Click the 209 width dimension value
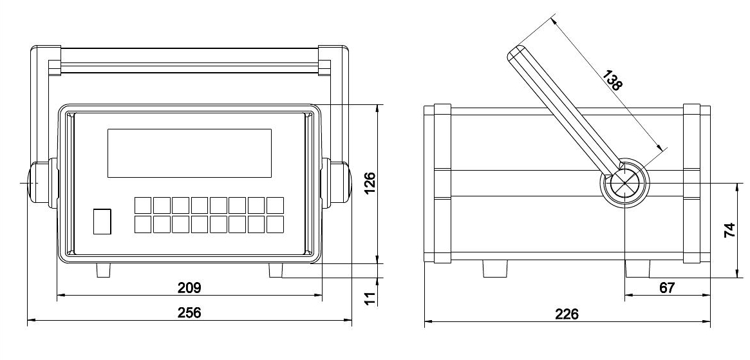point(189,287)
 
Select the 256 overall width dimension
point(189,312)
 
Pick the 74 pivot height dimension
point(729,231)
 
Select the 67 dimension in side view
point(668,288)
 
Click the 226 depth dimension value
point(567,314)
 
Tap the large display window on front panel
point(189,153)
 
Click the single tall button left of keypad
point(102,221)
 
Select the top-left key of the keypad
point(143,205)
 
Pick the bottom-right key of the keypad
point(275,224)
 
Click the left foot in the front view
point(103,270)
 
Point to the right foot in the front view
point(276,270)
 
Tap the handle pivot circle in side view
point(624,183)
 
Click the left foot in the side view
point(494,269)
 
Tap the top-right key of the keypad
point(275,205)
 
